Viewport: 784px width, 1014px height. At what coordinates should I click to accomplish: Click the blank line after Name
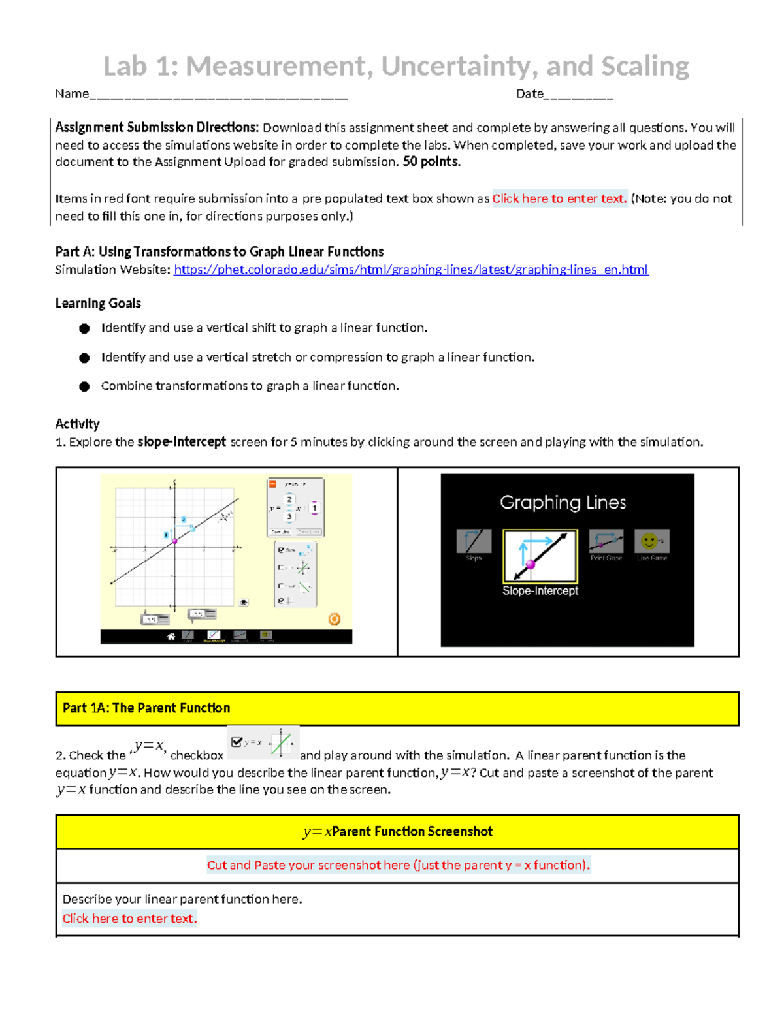click(218, 95)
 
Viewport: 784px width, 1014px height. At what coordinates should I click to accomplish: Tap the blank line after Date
click(578, 95)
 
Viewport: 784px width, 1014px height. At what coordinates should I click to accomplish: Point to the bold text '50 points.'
click(431, 162)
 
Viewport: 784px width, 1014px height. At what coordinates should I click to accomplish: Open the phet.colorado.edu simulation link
click(410, 270)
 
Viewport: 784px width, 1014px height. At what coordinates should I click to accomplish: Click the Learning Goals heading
click(98, 304)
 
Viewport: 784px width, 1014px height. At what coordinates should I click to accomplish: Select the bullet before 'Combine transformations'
click(84, 387)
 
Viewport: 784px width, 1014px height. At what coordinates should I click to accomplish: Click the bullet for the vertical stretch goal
click(84, 358)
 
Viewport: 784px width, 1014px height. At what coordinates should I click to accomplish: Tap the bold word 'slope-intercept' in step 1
click(182, 442)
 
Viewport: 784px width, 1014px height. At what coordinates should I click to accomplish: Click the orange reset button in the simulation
click(334, 619)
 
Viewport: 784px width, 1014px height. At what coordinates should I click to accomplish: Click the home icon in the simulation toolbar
click(171, 636)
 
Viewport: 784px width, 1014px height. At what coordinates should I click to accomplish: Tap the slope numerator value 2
click(289, 499)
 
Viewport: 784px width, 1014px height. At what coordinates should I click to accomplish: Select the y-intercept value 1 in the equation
click(314, 508)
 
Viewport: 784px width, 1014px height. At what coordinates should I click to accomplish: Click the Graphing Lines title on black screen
click(563, 502)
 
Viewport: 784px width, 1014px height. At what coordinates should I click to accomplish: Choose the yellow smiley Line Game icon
click(650, 541)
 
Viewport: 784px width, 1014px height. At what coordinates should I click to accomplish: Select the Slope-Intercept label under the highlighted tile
click(540, 591)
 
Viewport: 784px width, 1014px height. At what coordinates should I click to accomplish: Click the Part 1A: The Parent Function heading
click(146, 708)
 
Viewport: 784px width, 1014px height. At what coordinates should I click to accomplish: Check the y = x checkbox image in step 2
click(237, 742)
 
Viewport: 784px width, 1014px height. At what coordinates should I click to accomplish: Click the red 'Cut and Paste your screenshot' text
click(398, 865)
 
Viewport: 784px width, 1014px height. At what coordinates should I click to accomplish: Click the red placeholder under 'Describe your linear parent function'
click(129, 919)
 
